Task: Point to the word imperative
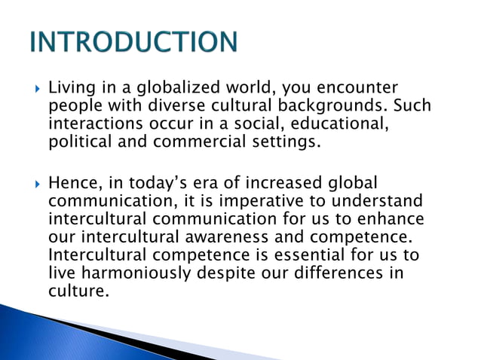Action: tap(277, 202)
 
